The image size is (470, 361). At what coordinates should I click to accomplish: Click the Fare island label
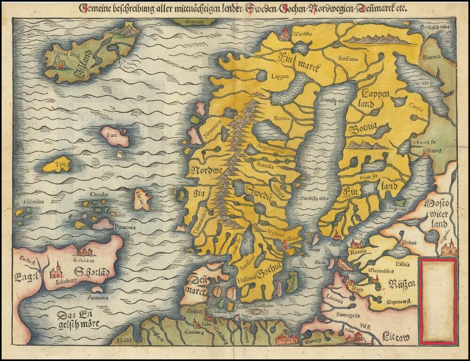pyautogui.click(x=111, y=135)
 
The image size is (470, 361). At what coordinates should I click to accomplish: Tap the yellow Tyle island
pyautogui.click(x=57, y=165)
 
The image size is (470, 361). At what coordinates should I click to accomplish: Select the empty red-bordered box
pyautogui.click(x=439, y=301)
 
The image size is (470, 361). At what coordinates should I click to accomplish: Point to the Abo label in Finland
pyautogui.click(x=335, y=244)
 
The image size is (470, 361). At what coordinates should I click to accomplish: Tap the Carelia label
pyautogui.click(x=417, y=106)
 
